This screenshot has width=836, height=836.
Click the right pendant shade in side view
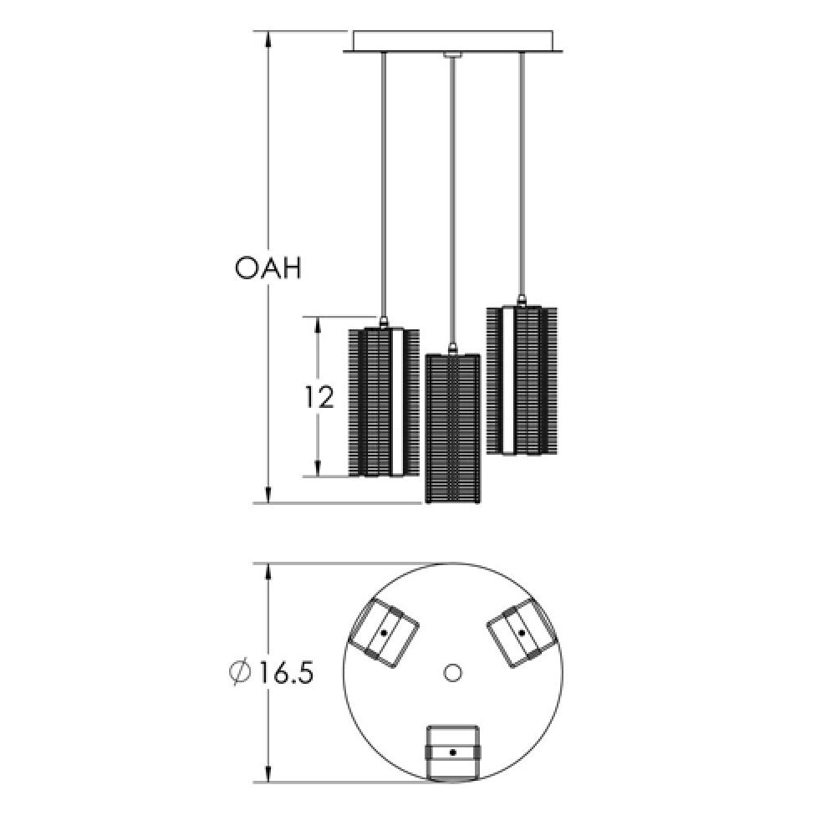[x=521, y=380]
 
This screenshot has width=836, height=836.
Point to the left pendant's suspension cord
[x=383, y=184]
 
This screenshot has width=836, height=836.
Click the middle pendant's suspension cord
[x=452, y=201]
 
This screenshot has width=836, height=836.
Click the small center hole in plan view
[x=453, y=672]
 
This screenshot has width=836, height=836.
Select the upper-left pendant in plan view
[x=383, y=634]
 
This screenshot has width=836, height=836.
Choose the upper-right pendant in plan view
[x=521, y=634]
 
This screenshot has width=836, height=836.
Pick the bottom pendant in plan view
[x=452, y=752]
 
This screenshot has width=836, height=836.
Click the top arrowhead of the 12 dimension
[x=318, y=325]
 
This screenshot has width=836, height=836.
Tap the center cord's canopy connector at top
[x=452, y=56]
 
